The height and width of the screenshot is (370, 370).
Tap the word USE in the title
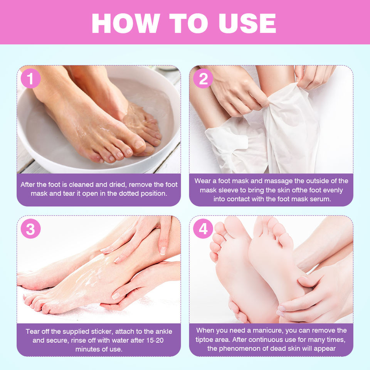(x=247, y=23)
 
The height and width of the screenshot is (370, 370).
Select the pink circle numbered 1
(x=31, y=79)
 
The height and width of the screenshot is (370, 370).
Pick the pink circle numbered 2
(x=203, y=79)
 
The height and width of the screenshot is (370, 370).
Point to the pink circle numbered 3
(x=31, y=229)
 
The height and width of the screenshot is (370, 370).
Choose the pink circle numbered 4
(x=203, y=229)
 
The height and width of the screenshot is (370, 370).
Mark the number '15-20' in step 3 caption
(x=154, y=340)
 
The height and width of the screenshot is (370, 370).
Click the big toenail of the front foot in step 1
(x=139, y=144)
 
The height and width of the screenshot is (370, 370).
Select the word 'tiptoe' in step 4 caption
(x=204, y=340)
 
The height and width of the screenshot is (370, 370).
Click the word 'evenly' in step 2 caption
(x=333, y=190)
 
